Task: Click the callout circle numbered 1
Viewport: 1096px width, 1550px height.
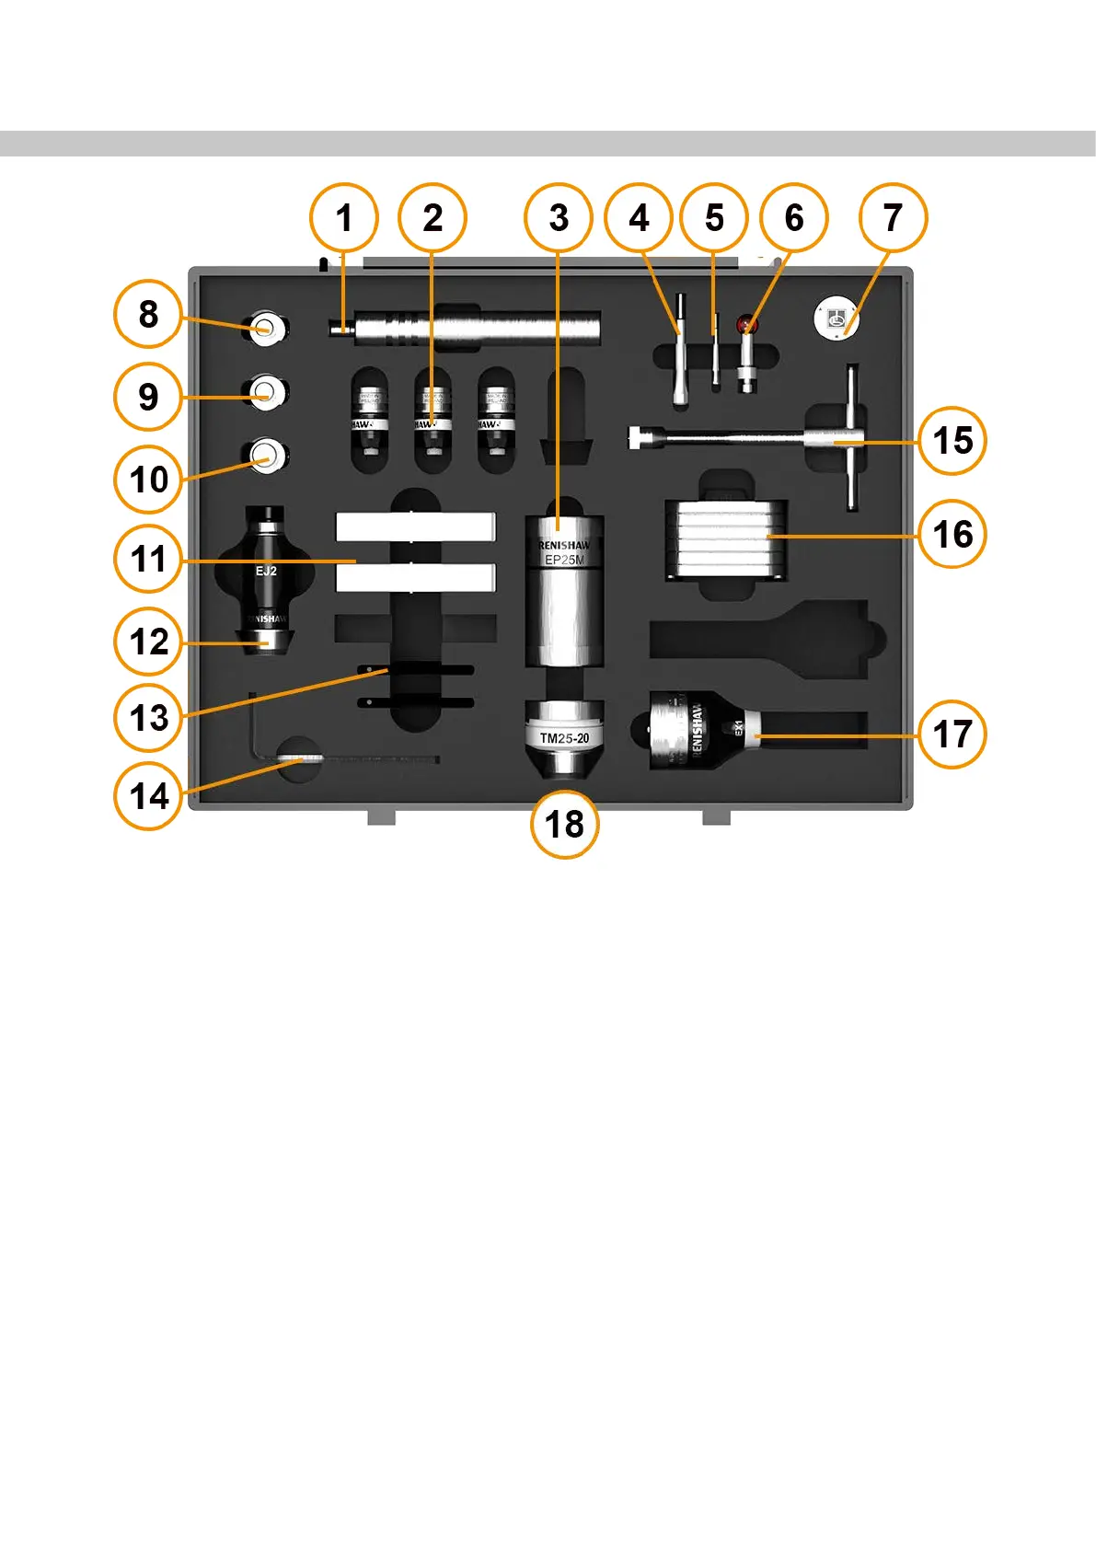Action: [x=344, y=218]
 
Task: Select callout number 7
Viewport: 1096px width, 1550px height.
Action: [x=893, y=218]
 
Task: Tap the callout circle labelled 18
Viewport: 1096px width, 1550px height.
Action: [x=564, y=824]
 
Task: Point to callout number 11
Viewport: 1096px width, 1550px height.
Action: [x=148, y=559]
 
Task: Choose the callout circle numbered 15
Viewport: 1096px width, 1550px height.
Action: [x=952, y=441]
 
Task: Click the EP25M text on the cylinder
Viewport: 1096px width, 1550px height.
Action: [x=564, y=560]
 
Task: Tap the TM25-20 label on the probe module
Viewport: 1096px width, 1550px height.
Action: [x=564, y=738]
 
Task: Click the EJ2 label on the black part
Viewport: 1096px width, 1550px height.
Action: [x=266, y=572]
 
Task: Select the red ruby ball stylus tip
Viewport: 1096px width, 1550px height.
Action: [x=746, y=324]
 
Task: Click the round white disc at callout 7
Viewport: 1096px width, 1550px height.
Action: [x=836, y=318]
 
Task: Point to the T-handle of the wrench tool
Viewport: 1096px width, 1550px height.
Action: [x=852, y=439]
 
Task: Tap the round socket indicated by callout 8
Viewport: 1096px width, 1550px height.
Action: [x=266, y=326]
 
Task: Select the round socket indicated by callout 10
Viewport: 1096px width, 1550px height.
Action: [x=266, y=454]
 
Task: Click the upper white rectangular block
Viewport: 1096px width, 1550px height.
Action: [x=415, y=526]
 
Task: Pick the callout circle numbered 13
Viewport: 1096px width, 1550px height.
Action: [x=148, y=717]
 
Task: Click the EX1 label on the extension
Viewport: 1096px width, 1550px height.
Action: [x=738, y=727]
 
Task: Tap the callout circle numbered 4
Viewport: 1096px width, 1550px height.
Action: [x=639, y=218]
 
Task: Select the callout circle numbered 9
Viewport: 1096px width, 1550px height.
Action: [x=148, y=397]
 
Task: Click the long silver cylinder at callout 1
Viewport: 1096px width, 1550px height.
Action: [x=479, y=328]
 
